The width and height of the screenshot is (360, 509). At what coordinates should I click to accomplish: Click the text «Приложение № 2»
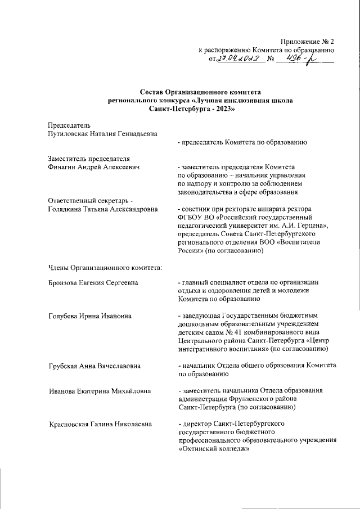[307, 41]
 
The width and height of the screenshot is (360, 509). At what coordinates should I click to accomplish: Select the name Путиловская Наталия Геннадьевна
[102, 133]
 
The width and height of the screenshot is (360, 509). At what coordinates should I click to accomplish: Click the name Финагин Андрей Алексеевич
[94, 167]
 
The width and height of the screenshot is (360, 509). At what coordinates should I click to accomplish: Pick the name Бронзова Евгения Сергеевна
[93, 282]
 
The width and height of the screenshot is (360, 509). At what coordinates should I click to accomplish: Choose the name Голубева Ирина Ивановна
[90, 316]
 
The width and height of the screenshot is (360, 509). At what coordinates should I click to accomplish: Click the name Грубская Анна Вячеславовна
[94, 366]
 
